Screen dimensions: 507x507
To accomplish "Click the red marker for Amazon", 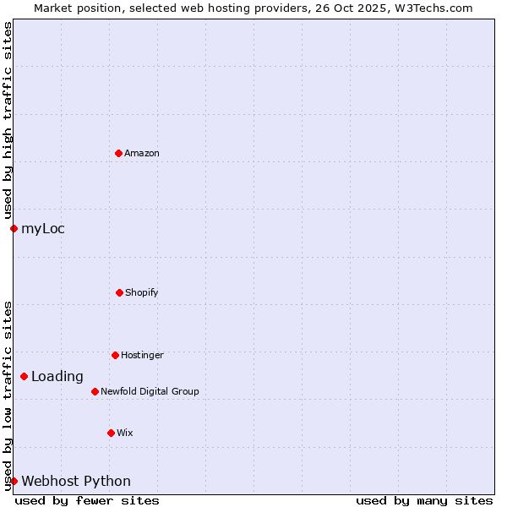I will tap(118, 153).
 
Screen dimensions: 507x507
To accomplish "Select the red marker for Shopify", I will tap(119, 292).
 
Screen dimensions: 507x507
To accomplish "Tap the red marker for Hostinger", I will tap(115, 355).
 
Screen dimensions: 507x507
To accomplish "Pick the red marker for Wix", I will tap(111, 433).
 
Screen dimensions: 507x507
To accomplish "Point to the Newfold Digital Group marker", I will tap(95, 391).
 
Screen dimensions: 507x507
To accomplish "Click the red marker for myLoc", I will tap(14, 228).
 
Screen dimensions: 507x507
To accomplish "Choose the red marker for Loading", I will tap(24, 376).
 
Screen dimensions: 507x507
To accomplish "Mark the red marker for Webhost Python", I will tap(14, 481).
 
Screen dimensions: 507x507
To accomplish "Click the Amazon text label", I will tap(142, 153).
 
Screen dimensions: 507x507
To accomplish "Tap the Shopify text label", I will tap(142, 292).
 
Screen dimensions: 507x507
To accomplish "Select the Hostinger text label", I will tap(142, 355).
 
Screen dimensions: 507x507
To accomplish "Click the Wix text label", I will tap(125, 433).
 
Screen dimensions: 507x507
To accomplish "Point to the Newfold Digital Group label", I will tap(150, 391).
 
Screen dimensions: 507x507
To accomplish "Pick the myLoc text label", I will tap(43, 228).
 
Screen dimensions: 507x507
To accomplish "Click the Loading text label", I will tap(57, 376).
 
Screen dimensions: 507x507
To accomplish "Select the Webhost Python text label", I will tap(76, 481).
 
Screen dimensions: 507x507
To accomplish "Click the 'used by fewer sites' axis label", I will tap(87, 500).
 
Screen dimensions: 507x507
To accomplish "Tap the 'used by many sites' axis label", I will tap(424, 500).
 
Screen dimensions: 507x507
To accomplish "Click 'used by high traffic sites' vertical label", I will tap(8, 120).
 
